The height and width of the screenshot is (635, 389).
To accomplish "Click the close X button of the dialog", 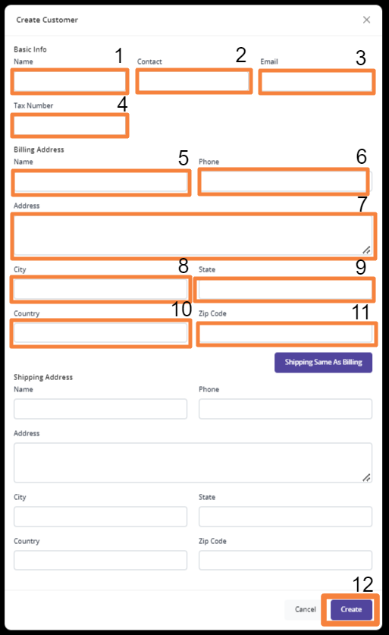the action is click(x=366, y=20).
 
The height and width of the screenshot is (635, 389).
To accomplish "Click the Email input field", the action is click(x=316, y=82).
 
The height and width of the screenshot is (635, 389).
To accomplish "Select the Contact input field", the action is click(x=193, y=81).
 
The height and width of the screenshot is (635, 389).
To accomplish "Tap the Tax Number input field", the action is click(x=70, y=125).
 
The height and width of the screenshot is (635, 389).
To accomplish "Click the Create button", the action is click(x=351, y=609).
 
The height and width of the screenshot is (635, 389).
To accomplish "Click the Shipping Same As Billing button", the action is click(x=323, y=362).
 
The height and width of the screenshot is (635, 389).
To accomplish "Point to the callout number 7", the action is click(x=362, y=204).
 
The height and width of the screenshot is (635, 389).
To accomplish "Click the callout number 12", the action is click(x=362, y=584).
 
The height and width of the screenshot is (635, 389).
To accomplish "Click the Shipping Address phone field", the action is click(x=285, y=409).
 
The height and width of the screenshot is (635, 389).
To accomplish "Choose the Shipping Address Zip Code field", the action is click(x=285, y=560).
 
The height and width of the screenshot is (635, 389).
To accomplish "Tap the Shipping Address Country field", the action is click(x=100, y=560).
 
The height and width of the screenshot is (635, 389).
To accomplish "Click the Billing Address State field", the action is click(x=285, y=290).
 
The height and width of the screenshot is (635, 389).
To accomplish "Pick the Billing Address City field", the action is click(x=100, y=289).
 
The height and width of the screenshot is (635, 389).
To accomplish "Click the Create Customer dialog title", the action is click(x=47, y=20).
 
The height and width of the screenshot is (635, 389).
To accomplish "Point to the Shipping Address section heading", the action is click(x=43, y=377).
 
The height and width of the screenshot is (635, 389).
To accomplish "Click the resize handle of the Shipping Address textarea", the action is click(x=366, y=477).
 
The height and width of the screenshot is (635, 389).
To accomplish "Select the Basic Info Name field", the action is click(x=70, y=81).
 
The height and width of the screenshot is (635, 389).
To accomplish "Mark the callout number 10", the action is click(x=181, y=310).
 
